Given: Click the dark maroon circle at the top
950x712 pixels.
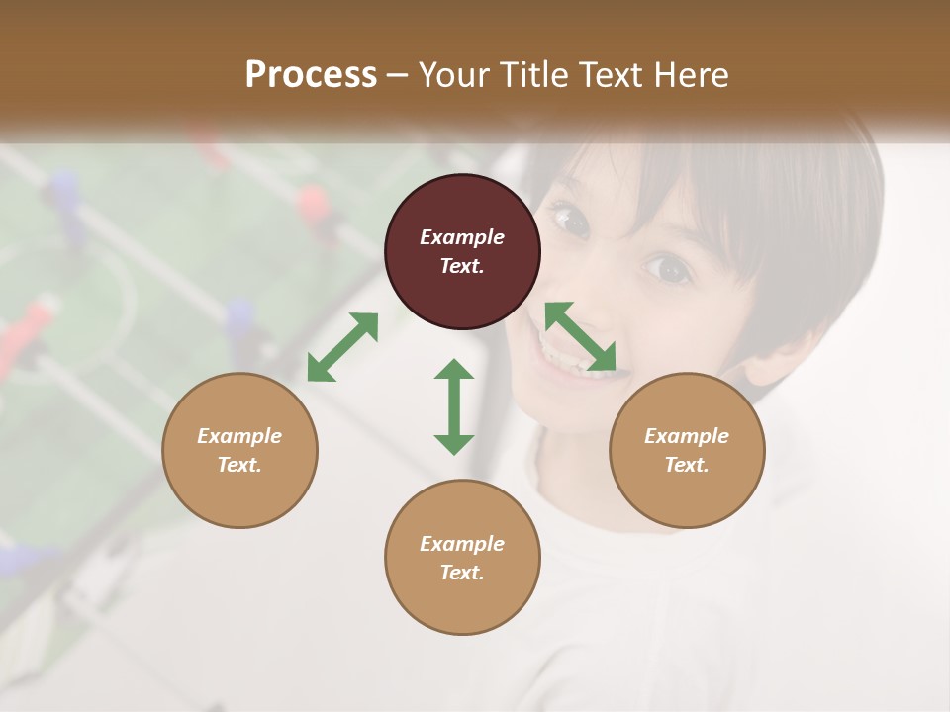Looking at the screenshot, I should point(462,251).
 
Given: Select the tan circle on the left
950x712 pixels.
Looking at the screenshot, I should point(239,450).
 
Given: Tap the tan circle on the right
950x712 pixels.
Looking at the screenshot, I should point(687,450).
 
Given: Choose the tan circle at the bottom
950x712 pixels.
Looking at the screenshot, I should point(462,558).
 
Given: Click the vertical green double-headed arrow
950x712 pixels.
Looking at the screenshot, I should point(454,406).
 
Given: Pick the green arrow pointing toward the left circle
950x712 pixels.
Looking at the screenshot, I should point(342,347).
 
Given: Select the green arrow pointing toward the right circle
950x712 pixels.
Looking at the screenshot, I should point(581,337).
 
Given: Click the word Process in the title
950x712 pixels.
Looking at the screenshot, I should point(311,74).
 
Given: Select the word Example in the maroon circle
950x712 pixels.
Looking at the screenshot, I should point(462,237).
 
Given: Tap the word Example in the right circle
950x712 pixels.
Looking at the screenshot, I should point(687,436).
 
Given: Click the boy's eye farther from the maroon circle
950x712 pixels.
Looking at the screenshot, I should point(668,267).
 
